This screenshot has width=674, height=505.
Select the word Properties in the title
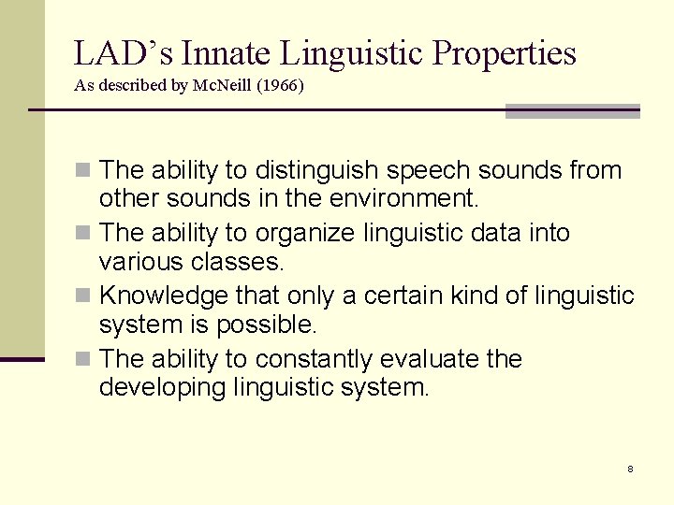pos(504,53)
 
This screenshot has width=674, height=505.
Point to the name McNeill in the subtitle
pos(223,85)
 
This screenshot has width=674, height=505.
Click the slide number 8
pos(630,469)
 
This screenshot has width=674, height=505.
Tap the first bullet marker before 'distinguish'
pos(82,171)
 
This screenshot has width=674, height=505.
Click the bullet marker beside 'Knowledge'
pos(82,296)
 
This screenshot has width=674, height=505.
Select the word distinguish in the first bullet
pos(316,171)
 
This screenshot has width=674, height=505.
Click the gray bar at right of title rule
pos(572,111)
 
